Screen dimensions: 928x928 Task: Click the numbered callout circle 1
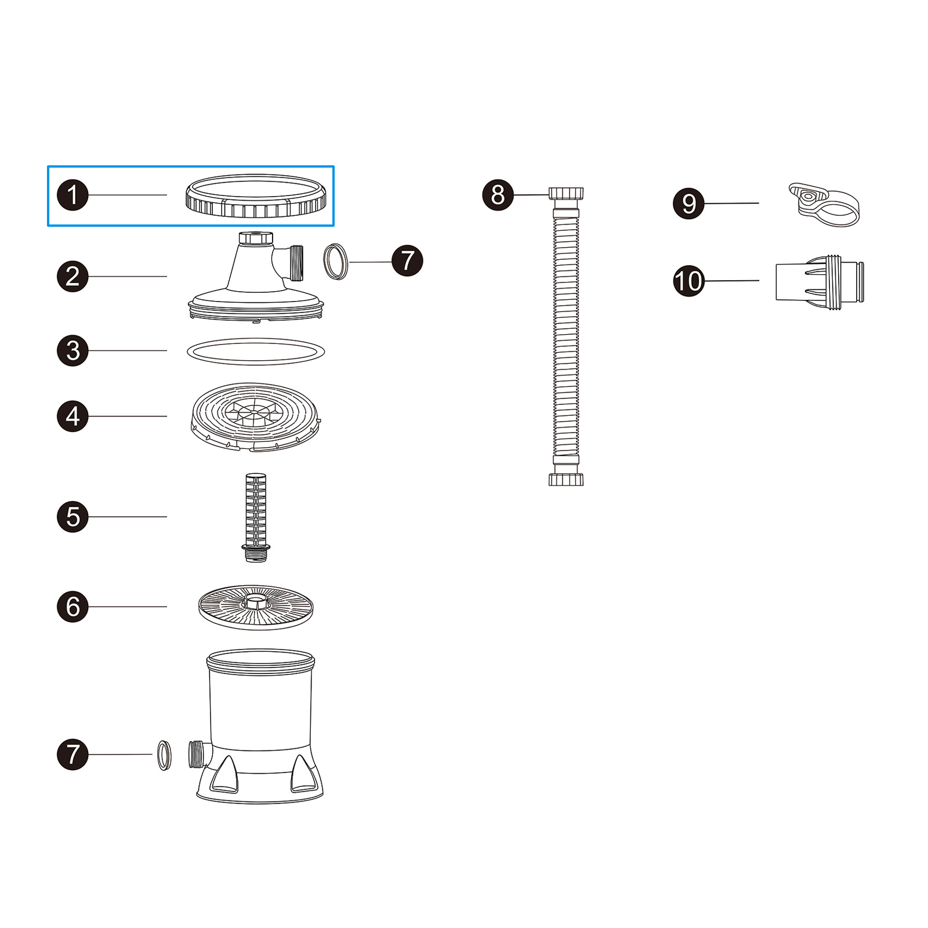(x=72, y=195)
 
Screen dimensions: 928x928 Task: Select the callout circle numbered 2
(x=72, y=276)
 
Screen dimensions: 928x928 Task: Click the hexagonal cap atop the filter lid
(x=256, y=238)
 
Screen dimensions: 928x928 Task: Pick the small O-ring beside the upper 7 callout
(x=336, y=262)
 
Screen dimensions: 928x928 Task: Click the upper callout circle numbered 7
(x=407, y=260)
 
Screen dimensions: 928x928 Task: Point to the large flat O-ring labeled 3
(x=256, y=351)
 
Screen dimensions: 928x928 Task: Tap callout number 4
(x=72, y=416)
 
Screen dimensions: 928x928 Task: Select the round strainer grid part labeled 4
(x=256, y=416)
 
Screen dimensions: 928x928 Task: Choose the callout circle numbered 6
(x=72, y=607)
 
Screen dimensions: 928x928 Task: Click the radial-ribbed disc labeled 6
(x=256, y=607)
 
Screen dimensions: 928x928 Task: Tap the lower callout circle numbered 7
(x=72, y=754)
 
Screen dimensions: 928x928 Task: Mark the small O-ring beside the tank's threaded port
(x=165, y=755)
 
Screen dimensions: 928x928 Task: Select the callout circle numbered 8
(x=498, y=195)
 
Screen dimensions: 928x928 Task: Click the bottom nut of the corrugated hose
(x=566, y=479)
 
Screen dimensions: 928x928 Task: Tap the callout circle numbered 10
(x=688, y=281)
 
